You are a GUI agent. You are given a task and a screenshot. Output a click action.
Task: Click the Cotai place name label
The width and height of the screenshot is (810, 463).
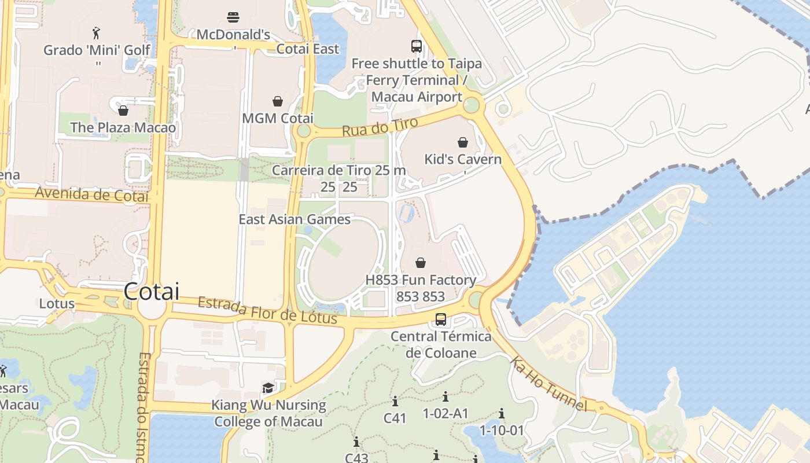pos(151,291)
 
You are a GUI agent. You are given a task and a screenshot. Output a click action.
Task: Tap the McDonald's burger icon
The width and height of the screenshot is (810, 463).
pos(233,17)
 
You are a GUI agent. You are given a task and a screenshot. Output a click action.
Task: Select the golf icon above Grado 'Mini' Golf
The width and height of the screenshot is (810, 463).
pos(96,32)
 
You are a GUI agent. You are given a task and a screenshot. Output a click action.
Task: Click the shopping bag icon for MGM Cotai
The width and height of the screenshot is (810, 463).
pos(278,101)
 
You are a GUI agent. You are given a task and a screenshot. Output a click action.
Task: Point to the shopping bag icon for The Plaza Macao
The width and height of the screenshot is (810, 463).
pos(123,110)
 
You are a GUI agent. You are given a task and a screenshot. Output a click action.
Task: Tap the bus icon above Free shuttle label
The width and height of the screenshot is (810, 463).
pos(416,46)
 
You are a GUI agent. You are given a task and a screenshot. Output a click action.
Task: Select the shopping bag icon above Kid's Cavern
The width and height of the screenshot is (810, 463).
pos(463,142)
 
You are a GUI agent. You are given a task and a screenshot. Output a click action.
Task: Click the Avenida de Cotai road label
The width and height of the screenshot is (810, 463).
pos(91,194)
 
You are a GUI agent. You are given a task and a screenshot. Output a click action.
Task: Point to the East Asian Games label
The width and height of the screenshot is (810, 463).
pos(294,219)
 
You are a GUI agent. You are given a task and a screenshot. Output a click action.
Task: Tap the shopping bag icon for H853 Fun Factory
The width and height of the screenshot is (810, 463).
pos(421,263)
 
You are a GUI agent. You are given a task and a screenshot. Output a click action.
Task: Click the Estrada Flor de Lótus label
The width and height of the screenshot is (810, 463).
pos(267,311)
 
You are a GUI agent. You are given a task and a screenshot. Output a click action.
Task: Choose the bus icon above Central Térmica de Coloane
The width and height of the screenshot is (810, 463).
pos(441,319)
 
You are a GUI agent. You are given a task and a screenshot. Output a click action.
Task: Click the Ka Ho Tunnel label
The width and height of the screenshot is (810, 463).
pos(548,384)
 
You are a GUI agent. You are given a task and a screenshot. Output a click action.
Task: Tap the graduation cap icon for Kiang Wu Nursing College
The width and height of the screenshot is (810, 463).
pos(268,388)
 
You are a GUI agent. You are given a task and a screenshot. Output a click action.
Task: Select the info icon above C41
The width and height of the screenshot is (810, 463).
pos(395,401)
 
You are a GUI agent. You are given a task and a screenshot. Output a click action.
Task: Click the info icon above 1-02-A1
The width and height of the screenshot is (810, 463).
pos(446,397)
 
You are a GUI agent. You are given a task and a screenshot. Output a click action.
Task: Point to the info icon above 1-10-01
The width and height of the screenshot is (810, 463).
pos(502,414)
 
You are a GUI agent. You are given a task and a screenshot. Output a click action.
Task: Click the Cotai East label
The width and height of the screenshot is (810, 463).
pos(307,49)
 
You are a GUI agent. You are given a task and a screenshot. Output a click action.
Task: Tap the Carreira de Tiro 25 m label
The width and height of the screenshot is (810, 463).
pos(338,171)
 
